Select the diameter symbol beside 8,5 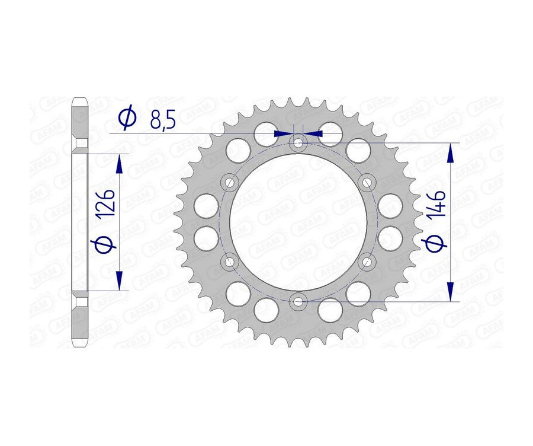tap(127, 119)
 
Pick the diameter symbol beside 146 tap(436, 244)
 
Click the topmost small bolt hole tap(298, 143)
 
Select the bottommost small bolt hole tap(298, 302)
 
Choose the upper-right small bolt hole tap(367, 181)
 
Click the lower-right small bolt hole tap(367, 261)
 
